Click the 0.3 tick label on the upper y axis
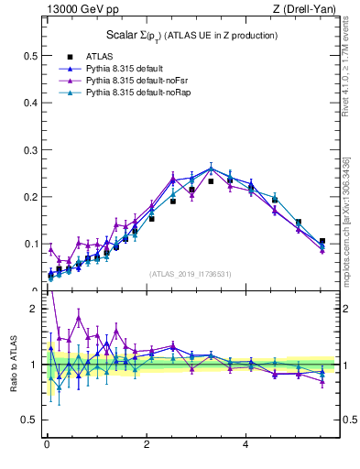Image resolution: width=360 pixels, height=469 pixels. (29, 150)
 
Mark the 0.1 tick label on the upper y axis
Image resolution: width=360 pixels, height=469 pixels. (29, 245)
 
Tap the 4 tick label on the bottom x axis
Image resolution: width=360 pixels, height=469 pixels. (245, 446)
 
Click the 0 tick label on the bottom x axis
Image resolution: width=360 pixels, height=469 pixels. (47, 446)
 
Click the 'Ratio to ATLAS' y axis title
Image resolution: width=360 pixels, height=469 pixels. (11, 365)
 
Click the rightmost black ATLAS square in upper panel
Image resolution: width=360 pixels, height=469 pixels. (322, 241)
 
